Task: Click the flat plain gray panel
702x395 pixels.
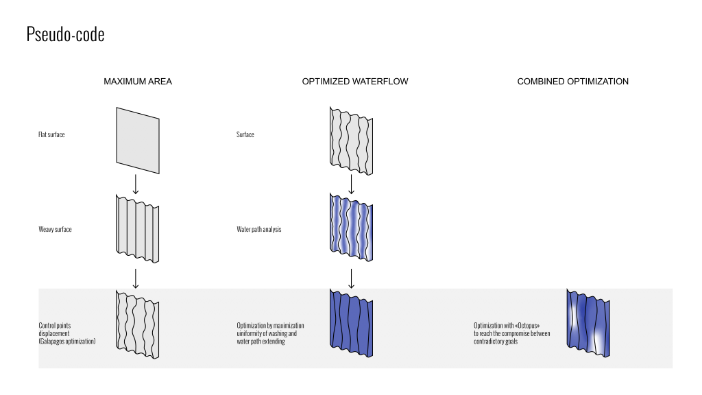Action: coord(138,141)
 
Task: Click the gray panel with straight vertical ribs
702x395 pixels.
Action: coord(138,229)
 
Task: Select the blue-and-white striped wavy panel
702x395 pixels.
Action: coord(351,228)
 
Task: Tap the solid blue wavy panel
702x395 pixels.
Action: coord(351,323)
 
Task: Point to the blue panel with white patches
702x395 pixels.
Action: coord(588,323)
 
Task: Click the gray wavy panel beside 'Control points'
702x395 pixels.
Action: coord(138,324)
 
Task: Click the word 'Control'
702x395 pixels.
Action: coord(47,326)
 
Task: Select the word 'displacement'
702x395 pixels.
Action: coord(53,333)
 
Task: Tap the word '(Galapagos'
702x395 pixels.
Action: coord(52,341)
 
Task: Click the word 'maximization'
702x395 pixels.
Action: coord(287,326)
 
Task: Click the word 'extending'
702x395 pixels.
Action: coord(273,341)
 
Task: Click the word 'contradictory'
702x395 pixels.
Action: coord(490,341)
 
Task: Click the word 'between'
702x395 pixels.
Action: coord(540,333)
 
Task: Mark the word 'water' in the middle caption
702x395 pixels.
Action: coord(243,341)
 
